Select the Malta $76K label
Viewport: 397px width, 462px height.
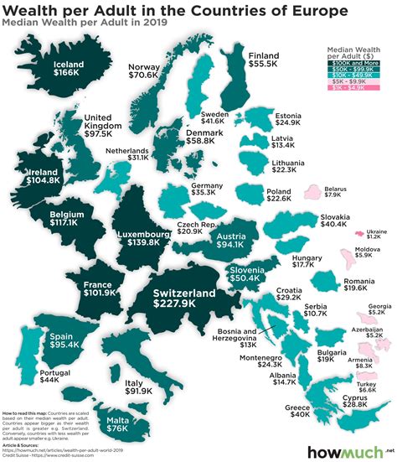pyautogui.click(x=116, y=424)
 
